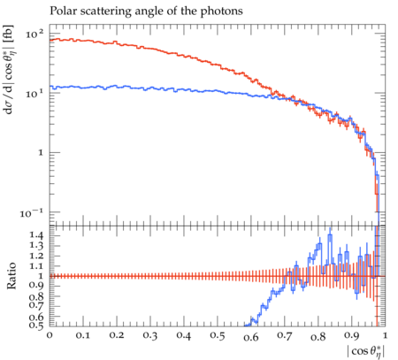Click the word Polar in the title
pos(61,11)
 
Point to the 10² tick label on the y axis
pos(34,34)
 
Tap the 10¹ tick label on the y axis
pos(34,94)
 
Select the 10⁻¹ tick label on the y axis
pos(32,212)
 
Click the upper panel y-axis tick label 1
pos(41,153)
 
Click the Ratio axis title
pos(11,275)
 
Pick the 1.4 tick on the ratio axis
pos(37,235)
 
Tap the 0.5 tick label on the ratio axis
pos(37,326)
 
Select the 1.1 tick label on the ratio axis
pos(37,265)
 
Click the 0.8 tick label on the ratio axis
pos(37,296)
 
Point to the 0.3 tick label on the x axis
pos(150,335)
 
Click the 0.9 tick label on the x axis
pos(352,335)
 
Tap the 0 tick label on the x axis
pos(50,335)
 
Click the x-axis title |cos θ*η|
pos(366,351)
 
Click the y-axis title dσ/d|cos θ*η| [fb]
pos(9,70)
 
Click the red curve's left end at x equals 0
pos(50,40)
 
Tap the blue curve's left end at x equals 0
pos(50,87)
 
